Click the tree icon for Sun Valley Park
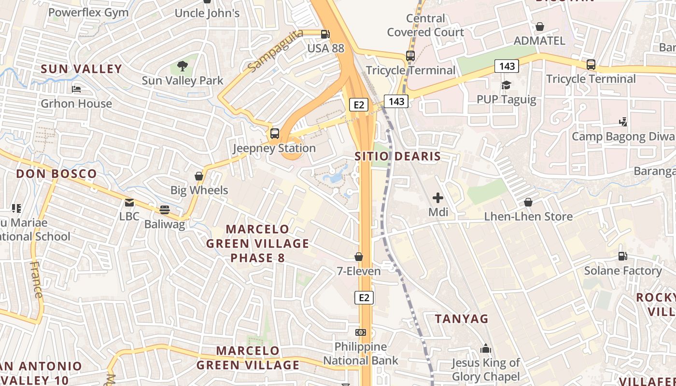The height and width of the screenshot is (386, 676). [x=183, y=66]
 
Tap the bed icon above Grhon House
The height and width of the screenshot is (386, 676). [x=76, y=89]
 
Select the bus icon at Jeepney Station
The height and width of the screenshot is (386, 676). [x=275, y=133]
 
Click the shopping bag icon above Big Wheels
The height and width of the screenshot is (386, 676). [x=199, y=176]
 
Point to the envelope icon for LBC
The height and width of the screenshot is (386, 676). [x=129, y=203]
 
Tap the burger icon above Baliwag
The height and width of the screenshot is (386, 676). [x=165, y=210]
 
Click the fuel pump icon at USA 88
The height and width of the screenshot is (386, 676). [x=326, y=34]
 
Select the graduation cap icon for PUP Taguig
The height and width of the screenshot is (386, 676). [x=506, y=85]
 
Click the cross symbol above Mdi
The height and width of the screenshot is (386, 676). [x=438, y=198]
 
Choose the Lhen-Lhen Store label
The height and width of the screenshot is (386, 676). [x=528, y=217]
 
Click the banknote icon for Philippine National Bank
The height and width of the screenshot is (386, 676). [x=361, y=332]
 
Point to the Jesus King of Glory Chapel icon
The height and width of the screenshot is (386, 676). [x=486, y=348]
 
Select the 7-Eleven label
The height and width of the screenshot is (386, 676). [x=359, y=271]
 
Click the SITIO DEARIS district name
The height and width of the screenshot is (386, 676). [x=398, y=156]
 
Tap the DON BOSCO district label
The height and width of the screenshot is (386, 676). [x=56, y=174]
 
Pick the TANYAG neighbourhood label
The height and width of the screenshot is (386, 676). [x=462, y=319]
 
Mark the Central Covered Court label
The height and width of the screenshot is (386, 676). [x=425, y=26]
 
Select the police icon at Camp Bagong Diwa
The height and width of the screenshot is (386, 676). [x=623, y=122]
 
